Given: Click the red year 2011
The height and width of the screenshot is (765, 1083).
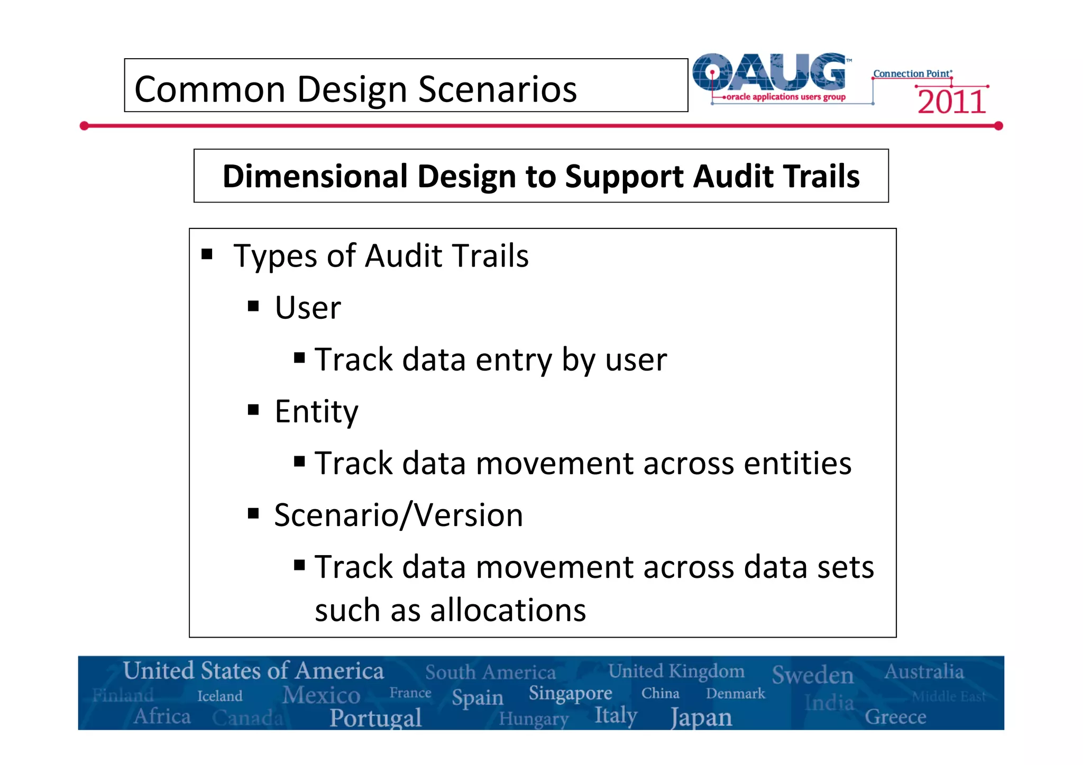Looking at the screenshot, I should [x=951, y=102].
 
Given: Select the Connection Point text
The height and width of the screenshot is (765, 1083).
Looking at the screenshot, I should [x=912, y=73].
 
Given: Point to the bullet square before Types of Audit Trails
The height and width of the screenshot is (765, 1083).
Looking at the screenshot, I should [x=207, y=255].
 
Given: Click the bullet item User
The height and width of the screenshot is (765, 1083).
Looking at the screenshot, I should [x=308, y=308].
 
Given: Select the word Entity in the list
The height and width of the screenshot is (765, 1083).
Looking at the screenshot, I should [x=316, y=411].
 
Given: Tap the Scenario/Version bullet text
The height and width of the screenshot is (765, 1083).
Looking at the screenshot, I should [x=398, y=515].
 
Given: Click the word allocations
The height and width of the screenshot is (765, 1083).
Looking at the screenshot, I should [x=508, y=610].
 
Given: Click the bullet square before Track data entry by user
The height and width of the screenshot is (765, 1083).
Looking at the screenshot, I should [x=300, y=358].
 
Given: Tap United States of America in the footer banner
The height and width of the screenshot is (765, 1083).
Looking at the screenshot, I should [x=253, y=671].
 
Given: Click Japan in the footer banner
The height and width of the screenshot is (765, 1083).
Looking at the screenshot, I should [x=701, y=718].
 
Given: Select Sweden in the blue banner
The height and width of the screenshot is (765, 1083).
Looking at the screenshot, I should [x=812, y=675].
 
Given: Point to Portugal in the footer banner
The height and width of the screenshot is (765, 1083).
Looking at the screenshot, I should [x=375, y=718].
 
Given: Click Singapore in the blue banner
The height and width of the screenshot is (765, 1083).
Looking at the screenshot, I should [x=570, y=693].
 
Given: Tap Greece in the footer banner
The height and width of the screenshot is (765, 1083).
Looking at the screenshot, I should [x=895, y=717].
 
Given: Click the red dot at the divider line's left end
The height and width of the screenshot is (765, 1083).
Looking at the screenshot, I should [x=84, y=126].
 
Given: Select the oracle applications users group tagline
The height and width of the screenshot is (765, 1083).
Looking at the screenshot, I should [x=786, y=97].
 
